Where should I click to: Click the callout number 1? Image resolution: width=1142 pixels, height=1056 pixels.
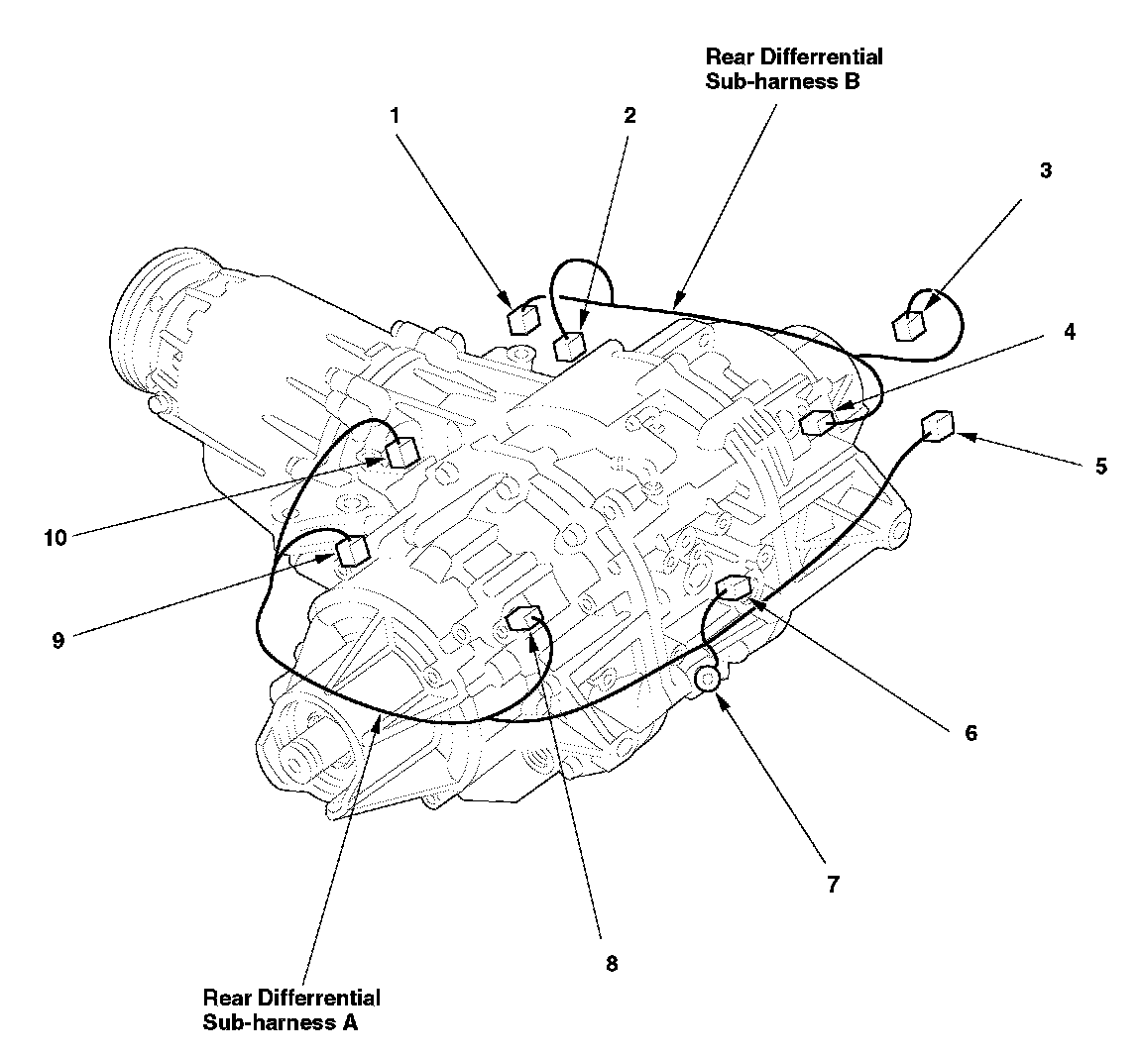[x=395, y=115]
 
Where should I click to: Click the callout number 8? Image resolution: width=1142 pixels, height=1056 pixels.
[x=611, y=963]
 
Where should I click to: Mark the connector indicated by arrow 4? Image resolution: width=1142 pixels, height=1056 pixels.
[x=815, y=424]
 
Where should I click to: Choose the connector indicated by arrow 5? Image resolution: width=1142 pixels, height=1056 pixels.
[x=937, y=427]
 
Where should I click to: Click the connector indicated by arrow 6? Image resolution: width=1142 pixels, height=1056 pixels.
[x=731, y=588]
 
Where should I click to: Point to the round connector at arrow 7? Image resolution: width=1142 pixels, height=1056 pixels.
[x=709, y=680]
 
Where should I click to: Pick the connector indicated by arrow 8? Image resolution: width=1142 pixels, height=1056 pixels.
[x=522, y=621]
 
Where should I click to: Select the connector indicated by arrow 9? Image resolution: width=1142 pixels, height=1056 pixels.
[x=353, y=550]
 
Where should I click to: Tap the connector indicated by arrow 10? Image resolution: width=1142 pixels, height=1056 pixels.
[x=401, y=454]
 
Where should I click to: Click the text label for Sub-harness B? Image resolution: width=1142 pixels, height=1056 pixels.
[x=793, y=69]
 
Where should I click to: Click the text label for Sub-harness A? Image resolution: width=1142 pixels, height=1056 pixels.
[x=290, y=1008]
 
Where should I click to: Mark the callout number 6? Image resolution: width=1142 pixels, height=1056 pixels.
[x=970, y=733]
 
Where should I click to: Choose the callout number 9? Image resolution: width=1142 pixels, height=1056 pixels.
[x=58, y=640]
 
